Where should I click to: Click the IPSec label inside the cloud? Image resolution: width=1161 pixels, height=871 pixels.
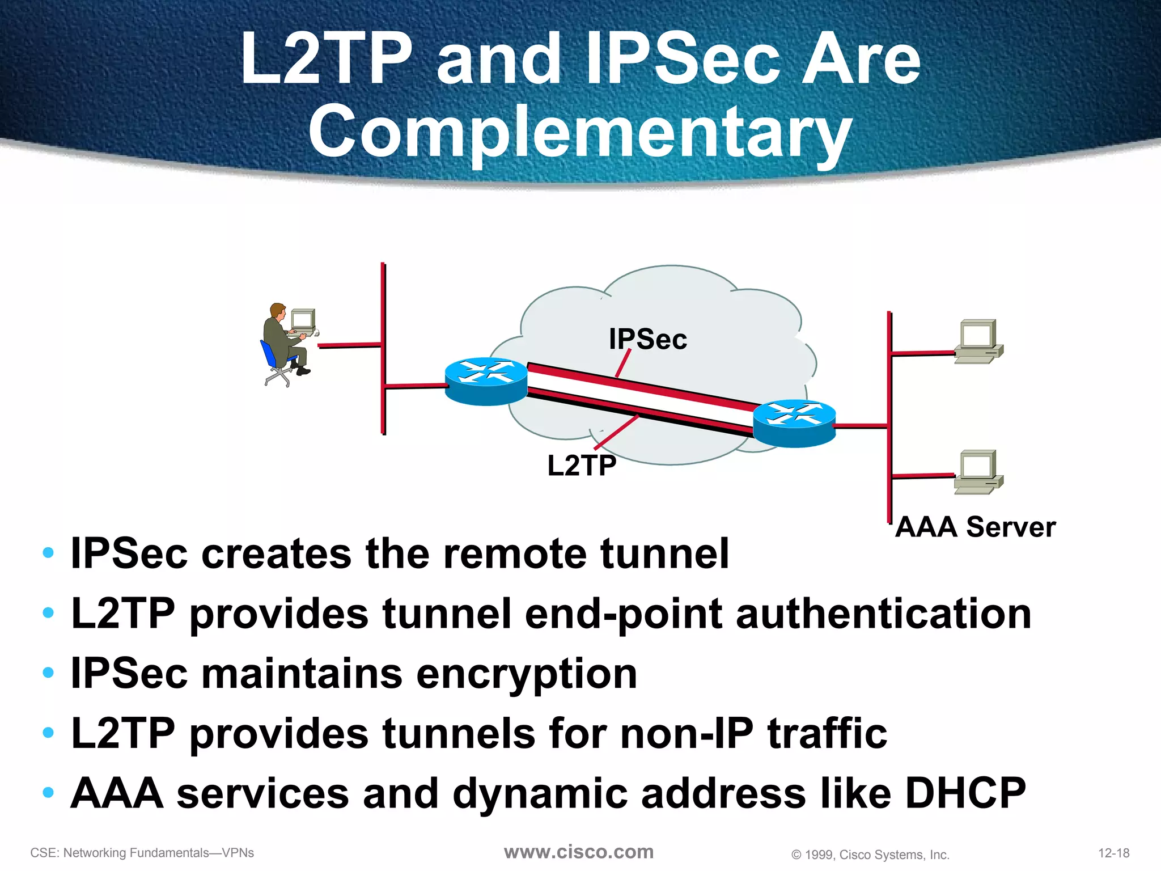(647, 339)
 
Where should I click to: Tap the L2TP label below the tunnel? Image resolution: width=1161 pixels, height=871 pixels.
(582, 466)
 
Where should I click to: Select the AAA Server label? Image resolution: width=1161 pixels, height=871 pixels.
(975, 527)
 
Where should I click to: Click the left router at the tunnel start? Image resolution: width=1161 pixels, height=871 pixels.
(486, 381)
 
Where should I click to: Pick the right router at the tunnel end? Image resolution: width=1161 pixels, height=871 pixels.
(794, 423)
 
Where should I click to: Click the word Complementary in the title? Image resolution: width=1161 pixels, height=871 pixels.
(580, 133)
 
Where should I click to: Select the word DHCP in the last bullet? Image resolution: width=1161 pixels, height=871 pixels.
(965, 793)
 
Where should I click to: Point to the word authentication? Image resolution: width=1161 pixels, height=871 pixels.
(883, 614)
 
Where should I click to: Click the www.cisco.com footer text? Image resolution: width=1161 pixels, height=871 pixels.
(579, 852)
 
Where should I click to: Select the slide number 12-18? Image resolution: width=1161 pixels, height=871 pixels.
(1113, 853)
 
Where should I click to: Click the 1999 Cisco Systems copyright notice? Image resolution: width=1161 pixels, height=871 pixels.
(870, 855)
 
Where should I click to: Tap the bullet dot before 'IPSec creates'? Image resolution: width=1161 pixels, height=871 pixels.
(48, 553)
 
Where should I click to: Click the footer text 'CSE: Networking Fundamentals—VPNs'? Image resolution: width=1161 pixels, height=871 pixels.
(142, 853)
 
